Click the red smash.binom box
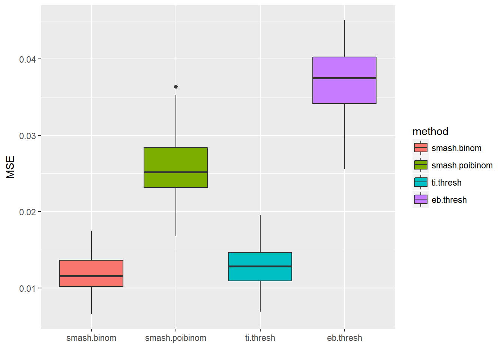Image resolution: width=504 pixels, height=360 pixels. (x=91, y=268)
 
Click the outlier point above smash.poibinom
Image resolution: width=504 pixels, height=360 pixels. (x=176, y=87)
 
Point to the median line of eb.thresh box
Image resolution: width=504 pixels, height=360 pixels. (x=344, y=78)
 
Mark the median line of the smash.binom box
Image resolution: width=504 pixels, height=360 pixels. (x=91, y=276)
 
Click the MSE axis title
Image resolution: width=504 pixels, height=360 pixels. (x=10, y=167)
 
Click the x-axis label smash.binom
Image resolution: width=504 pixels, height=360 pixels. (x=91, y=338)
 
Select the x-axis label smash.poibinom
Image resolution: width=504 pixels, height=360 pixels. (x=175, y=338)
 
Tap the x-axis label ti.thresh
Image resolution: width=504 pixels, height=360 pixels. (x=260, y=338)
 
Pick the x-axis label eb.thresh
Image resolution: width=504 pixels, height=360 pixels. (x=344, y=338)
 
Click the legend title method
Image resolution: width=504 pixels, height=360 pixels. (x=430, y=131)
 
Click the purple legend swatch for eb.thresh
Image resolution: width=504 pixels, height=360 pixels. (x=420, y=199)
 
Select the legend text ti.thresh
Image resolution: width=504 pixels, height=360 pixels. (x=446, y=183)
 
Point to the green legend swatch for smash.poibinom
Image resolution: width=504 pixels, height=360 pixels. (x=420, y=165)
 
